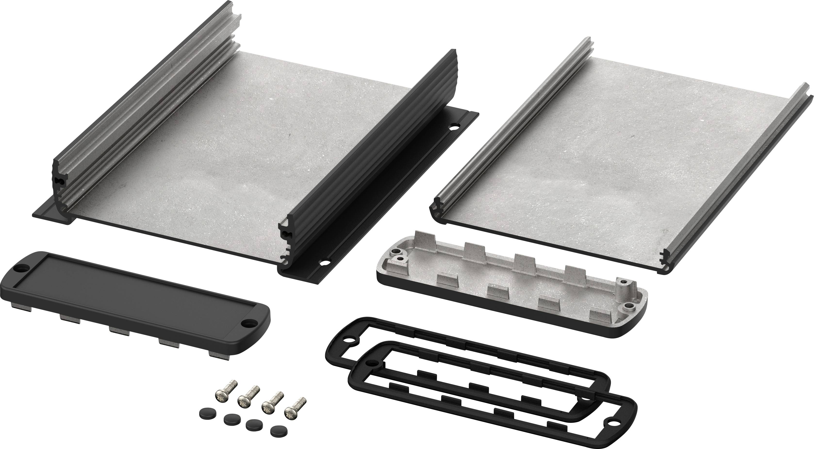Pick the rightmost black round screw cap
coord(277,438)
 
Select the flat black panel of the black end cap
coord(133,300)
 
